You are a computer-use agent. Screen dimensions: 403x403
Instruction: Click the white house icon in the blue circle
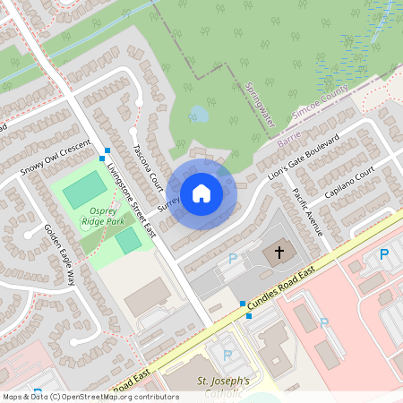[201, 193]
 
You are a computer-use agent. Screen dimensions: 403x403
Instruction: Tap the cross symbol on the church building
[279, 253]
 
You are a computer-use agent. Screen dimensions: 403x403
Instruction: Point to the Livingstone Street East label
[130, 200]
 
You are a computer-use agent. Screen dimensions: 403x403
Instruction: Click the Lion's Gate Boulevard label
[305, 160]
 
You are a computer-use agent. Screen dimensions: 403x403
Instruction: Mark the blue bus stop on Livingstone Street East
[107, 150]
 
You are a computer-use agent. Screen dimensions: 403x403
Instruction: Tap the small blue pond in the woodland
[199, 115]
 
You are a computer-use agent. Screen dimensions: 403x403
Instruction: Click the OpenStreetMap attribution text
[90, 396]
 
